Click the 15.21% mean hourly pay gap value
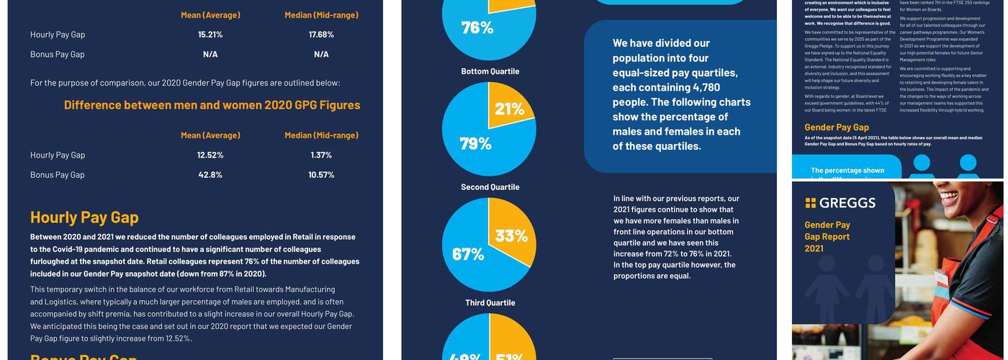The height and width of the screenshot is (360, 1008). tap(210, 35)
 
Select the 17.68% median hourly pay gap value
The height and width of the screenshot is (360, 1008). tap(321, 35)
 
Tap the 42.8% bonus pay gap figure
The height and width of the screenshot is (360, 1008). tap(210, 174)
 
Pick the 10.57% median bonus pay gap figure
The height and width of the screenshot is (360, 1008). tap(321, 174)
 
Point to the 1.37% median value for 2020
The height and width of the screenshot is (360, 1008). tap(321, 155)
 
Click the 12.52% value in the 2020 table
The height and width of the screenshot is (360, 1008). tap(210, 155)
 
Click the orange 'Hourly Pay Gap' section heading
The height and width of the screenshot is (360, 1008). tap(84, 217)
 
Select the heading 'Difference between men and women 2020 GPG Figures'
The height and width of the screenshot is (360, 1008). tap(212, 104)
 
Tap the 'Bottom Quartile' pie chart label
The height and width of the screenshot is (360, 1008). tap(490, 71)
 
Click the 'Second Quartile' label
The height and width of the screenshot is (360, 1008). tap(490, 187)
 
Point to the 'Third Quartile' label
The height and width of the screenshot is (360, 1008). tap(490, 303)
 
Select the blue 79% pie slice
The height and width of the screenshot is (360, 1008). tap(472, 143)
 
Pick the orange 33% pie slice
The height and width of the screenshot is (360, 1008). tap(511, 235)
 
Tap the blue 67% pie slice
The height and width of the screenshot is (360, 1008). tap(468, 253)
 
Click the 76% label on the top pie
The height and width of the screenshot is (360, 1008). tap(477, 27)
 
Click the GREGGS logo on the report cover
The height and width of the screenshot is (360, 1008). tap(840, 203)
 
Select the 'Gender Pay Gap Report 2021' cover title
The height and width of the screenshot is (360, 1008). tap(827, 236)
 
